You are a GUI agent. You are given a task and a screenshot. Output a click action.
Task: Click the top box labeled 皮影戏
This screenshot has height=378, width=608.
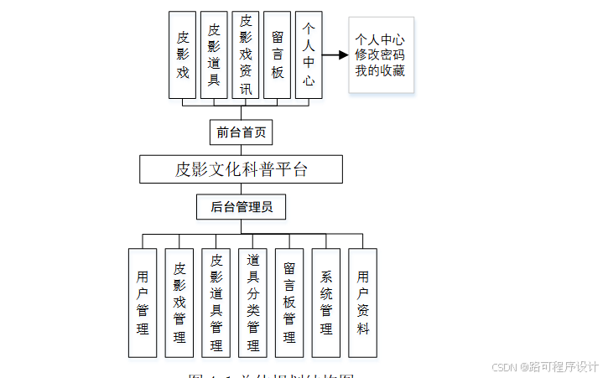coord(182,54)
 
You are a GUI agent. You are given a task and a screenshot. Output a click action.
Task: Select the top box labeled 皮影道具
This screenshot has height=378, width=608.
coord(214,54)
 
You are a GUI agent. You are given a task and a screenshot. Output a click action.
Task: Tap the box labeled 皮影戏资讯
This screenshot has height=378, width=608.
coord(246,54)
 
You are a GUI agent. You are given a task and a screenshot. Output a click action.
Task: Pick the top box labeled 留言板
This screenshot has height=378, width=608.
coord(278,54)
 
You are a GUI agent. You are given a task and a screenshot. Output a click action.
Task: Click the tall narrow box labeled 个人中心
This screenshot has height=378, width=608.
coord(309,54)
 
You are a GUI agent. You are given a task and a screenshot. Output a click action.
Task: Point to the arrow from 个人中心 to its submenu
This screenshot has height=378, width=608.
coord(335,55)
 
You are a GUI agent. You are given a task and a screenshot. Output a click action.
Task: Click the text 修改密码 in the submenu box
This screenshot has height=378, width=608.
coord(380,55)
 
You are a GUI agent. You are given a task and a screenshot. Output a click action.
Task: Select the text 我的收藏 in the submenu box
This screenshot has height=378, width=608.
coord(380,71)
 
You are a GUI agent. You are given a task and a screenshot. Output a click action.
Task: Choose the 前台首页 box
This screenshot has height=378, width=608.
coord(241,132)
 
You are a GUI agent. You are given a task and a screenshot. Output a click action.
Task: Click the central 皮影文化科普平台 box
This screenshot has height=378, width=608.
coord(241,169)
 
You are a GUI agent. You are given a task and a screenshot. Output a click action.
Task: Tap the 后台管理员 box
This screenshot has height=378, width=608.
coord(241,206)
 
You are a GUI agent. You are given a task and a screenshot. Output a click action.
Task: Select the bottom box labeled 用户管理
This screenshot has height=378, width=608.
coord(143,303)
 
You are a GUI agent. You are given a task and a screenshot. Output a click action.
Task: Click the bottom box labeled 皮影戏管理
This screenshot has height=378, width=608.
coord(179,303)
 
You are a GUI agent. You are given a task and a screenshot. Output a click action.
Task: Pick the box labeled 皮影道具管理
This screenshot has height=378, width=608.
coord(216,303)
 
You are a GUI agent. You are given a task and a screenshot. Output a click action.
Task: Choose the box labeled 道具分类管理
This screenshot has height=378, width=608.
coord(253,303)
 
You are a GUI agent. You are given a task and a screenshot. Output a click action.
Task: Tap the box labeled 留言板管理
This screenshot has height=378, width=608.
coord(289,303)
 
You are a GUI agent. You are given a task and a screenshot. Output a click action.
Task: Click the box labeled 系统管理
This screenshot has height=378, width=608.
coord(326,303)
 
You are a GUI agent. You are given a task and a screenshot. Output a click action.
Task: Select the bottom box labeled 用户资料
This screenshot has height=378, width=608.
coord(363,303)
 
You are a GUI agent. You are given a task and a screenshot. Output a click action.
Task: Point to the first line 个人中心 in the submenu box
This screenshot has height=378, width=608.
coord(380,39)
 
